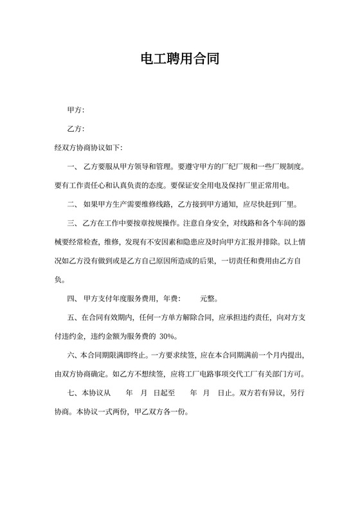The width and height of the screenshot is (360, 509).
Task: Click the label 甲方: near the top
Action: tap(76, 111)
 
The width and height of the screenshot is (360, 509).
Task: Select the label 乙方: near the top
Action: tap(76, 129)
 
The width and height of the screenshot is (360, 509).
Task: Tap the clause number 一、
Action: tap(73, 166)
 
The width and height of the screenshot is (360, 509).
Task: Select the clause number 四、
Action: tap(73, 298)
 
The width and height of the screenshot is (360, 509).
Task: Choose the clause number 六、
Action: tap(73, 355)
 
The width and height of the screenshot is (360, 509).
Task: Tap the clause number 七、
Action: tap(73, 392)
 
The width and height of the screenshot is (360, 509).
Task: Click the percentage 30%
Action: tap(168, 336)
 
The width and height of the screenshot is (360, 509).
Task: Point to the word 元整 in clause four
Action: tap(208, 298)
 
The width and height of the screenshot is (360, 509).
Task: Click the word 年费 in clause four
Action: tap(170, 298)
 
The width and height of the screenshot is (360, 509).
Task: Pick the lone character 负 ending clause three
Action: tap(59, 280)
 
